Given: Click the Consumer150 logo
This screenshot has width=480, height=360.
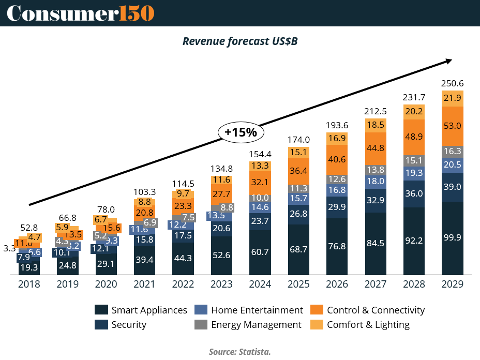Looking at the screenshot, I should pos(80,13).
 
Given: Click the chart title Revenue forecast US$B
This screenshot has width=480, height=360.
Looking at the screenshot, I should pos(239,41).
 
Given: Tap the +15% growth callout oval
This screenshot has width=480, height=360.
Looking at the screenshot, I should pos(241,132).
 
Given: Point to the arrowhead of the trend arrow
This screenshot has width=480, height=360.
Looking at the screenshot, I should pos(449,61).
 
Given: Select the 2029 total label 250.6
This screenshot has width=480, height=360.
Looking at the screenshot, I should pos(452,83).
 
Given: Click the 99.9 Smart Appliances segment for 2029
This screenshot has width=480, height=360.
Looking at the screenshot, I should pos(452,238).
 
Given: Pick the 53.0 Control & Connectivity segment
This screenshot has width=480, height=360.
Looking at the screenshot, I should pos(452,126).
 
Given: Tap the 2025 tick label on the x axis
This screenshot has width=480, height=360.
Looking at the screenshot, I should pos(299,284).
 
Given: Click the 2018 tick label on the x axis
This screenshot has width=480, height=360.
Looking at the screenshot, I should pos(29,284).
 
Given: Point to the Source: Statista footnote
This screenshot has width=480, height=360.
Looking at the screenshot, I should pos(239,352).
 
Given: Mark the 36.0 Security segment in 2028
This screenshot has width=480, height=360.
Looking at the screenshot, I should pos(414,193).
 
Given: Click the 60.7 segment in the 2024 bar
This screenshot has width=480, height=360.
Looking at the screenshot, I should pos(260,252).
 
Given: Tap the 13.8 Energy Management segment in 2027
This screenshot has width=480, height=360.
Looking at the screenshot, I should pos(375,169).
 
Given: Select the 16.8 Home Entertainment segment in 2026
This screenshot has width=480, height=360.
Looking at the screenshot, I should pos(337,190).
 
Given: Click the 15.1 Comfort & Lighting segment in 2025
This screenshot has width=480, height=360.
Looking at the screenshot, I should pos(299,152).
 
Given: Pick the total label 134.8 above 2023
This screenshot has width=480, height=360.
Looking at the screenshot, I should pos(222,169).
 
